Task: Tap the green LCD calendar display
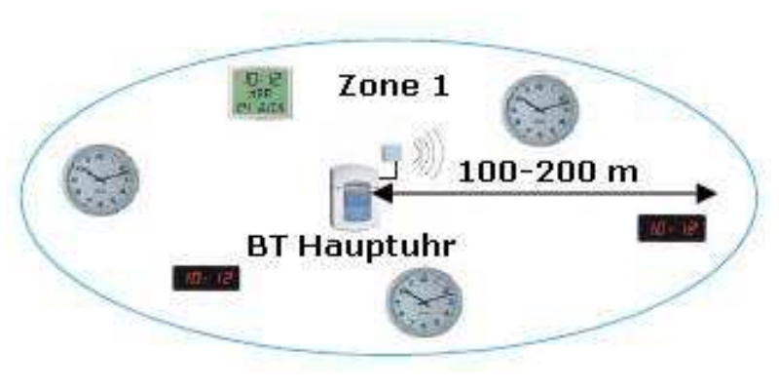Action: point(260,93)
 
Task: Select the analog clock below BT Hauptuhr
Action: point(425,301)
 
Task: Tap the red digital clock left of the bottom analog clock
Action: point(205,280)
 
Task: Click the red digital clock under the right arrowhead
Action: point(671,228)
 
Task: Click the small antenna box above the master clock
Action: point(392,154)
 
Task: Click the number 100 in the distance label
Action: point(488,172)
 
